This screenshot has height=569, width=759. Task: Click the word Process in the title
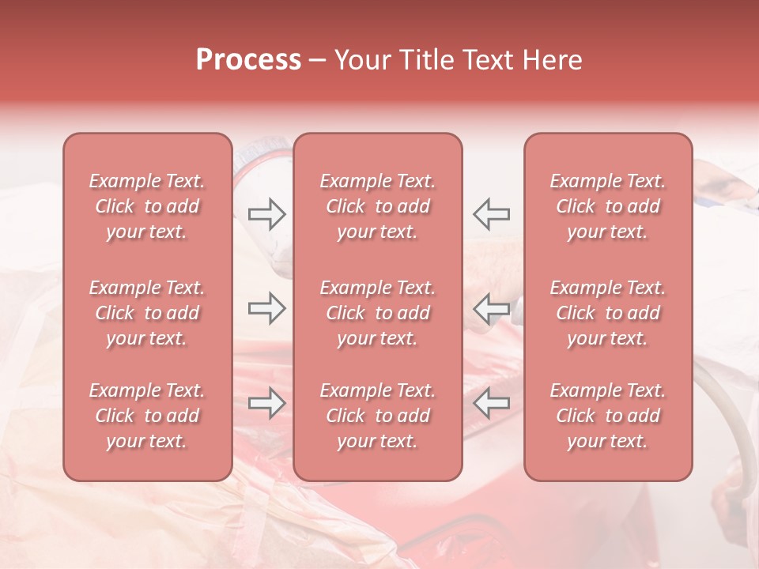248,60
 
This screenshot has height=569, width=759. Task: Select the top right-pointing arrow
266,213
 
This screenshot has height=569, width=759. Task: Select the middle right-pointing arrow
266,308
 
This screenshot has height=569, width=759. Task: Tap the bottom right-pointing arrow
266,404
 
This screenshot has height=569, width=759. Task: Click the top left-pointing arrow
491,213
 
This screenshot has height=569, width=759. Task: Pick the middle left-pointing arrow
491,308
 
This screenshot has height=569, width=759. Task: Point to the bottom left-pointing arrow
491,404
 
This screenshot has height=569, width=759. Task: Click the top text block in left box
147,206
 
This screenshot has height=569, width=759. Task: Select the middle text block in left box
147,313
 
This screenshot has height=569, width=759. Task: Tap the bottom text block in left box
147,416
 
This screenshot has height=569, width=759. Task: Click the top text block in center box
378,206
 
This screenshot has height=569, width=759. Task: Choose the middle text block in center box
378,313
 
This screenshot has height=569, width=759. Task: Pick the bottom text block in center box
378,416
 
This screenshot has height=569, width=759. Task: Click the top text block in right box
608,206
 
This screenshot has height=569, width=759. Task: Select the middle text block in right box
608,313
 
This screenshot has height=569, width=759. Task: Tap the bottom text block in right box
608,416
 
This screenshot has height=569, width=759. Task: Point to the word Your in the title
361,60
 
